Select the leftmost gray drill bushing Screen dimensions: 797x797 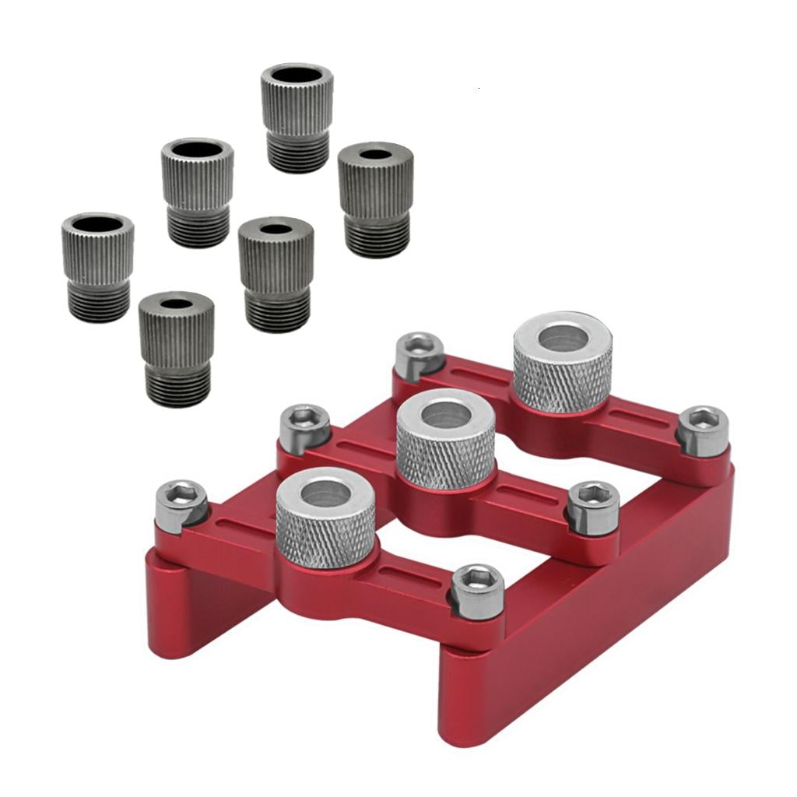97,265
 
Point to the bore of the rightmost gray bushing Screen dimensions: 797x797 375,153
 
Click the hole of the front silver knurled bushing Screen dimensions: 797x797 325,493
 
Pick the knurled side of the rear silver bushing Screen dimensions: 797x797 562,381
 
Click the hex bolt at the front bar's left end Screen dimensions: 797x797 181,501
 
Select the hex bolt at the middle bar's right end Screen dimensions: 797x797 592,505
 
